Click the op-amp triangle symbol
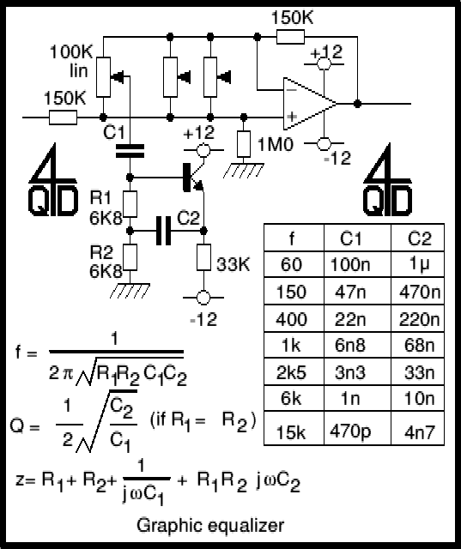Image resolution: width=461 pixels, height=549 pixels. [x=308, y=104]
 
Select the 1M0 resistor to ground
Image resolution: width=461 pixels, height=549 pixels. [x=244, y=144]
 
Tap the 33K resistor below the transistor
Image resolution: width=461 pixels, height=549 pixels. [x=203, y=257]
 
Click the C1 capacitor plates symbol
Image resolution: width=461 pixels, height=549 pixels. [x=130, y=151]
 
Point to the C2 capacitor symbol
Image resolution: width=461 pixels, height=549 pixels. [x=163, y=231]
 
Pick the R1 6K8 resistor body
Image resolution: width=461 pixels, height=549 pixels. [x=130, y=204]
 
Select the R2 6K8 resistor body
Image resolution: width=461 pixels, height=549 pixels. [x=130, y=257]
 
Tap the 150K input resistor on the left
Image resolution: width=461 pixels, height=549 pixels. [x=63, y=118]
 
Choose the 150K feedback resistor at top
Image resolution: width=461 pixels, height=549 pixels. [x=290, y=37]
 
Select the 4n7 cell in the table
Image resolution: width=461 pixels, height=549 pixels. [x=417, y=428]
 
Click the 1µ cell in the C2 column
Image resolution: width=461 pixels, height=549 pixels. [x=417, y=264]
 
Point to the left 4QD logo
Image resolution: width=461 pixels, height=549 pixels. [x=52, y=179]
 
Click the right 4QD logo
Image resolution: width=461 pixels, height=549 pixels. [x=387, y=179]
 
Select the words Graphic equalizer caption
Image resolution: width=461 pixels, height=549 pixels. [x=210, y=526]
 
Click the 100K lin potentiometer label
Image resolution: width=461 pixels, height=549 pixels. [x=71, y=61]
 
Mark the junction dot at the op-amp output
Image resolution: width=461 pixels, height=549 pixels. [x=357, y=104]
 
